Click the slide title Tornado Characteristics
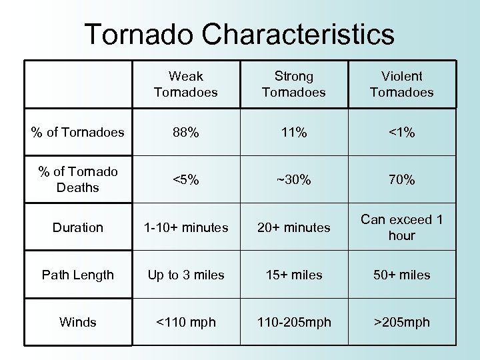[239, 33]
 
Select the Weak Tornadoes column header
[185, 85]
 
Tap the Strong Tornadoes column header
[293, 85]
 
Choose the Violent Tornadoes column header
[401, 85]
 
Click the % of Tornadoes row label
[78, 133]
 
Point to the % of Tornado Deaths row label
[78, 180]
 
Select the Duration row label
[78, 228]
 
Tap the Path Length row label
[78, 275]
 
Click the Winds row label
[78, 323]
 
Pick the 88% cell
[185, 133]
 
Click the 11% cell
[293, 133]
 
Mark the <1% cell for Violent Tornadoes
[401, 133]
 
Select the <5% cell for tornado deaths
[185, 180]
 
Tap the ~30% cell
[293, 180]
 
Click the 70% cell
[401, 180]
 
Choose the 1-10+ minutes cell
[185, 228]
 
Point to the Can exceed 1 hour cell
[401, 227]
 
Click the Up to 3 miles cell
[185, 275]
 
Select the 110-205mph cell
[293, 323]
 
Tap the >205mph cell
[401, 323]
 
